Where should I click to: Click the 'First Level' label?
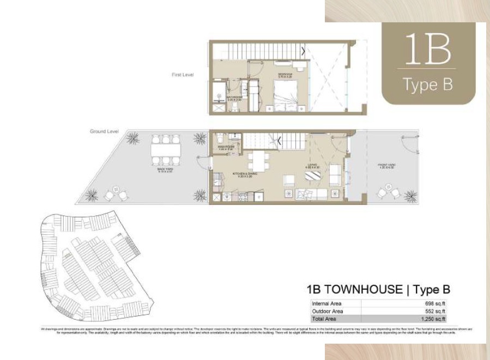[x=183, y=75]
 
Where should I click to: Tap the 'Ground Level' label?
[x=104, y=132]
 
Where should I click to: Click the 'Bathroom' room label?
[x=234, y=99]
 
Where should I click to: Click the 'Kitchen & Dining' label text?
[x=245, y=175]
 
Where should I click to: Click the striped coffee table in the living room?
[x=313, y=176]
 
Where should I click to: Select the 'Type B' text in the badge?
[x=427, y=84]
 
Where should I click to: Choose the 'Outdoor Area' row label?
[x=328, y=311]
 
